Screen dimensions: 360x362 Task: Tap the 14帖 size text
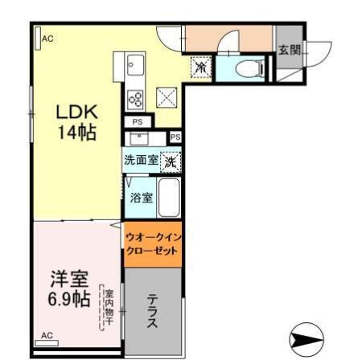[77, 133]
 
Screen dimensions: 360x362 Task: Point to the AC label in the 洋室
[47, 334]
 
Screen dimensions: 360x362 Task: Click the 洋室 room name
[69, 280]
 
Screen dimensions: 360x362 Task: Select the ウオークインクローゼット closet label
[152, 243]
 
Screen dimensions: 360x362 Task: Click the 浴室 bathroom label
[142, 198]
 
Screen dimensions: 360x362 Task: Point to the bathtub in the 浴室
[168, 198]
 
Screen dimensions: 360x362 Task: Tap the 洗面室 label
[141, 161]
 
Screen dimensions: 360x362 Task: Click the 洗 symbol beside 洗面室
[171, 162]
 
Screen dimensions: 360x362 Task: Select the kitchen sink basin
[134, 63]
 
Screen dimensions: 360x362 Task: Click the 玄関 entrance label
[289, 50]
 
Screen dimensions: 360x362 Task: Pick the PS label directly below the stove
[137, 122]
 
